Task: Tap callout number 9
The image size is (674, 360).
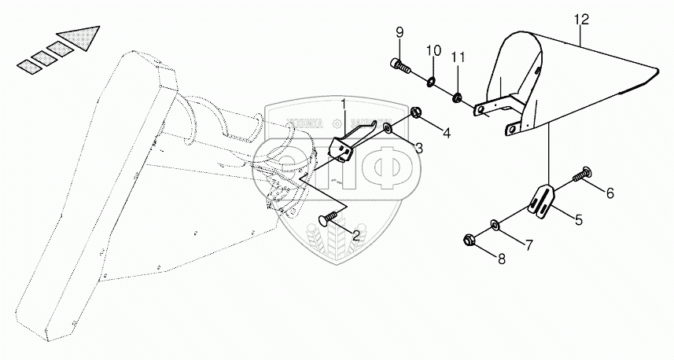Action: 399,32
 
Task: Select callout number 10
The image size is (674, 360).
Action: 430,51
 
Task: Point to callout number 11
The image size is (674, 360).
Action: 459,57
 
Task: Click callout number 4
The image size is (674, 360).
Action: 446,133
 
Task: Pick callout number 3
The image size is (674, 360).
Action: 419,148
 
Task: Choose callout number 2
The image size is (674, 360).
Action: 356,234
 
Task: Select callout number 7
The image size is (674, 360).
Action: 529,245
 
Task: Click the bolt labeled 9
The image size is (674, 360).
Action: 400,66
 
